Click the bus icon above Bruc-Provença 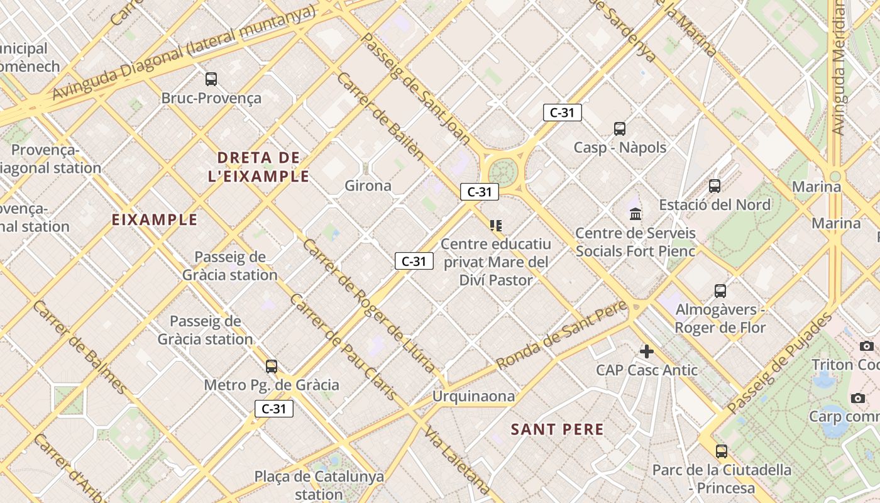pyautogui.click(x=211, y=79)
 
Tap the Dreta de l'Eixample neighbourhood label pyautogui.click(x=258, y=167)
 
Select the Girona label pyautogui.click(x=368, y=185)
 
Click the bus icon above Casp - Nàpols pyautogui.click(x=620, y=129)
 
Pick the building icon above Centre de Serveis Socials pyautogui.click(x=635, y=214)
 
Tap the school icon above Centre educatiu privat pyautogui.click(x=496, y=225)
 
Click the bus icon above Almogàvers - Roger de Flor pyautogui.click(x=720, y=291)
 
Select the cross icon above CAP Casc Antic pyautogui.click(x=647, y=351)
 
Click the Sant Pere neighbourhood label pyautogui.click(x=557, y=429)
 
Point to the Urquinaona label pyautogui.click(x=473, y=396)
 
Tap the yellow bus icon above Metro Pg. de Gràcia pyautogui.click(x=272, y=366)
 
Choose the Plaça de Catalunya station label pyautogui.click(x=319, y=485)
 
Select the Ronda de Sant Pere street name pyautogui.click(x=561, y=336)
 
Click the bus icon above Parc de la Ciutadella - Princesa pyautogui.click(x=721, y=451)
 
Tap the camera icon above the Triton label pyautogui.click(x=867, y=346)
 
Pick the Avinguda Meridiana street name pyautogui.click(x=837, y=69)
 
